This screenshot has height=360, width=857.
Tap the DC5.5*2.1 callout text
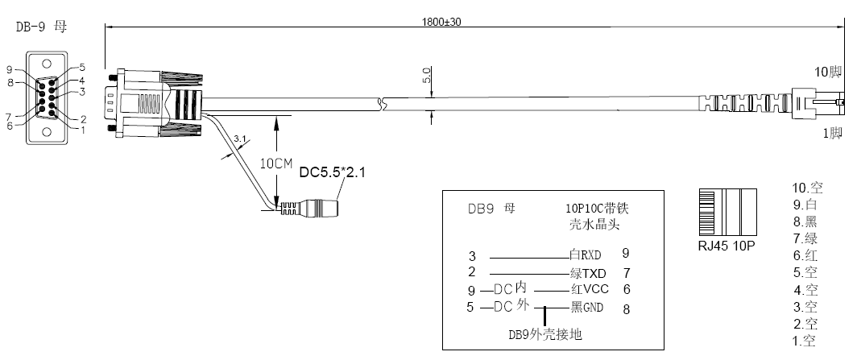[x=333, y=172]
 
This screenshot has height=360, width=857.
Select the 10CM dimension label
[x=276, y=163]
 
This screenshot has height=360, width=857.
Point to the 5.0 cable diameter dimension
[x=427, y=75]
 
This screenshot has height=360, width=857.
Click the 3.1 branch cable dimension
[x=240, y=139]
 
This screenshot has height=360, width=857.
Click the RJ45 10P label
[x=727, y=246]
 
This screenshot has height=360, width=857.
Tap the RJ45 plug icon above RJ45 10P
[x=727, y=213]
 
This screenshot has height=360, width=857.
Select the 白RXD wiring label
[x=586, y=254]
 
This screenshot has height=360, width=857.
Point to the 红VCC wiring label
[x=590, y=289]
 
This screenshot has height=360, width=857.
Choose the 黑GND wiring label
[x=586, y=308]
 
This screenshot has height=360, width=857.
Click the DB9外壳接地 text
[x=545, y=334]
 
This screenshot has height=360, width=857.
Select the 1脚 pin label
[x=833, y=134]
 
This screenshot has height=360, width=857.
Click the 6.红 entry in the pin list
[x=805, y=255]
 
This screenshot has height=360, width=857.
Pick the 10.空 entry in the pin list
[x=807, y=188]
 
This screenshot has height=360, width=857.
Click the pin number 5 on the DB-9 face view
[x=82, y=68]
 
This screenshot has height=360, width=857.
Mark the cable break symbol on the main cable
[x=383, y=102]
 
